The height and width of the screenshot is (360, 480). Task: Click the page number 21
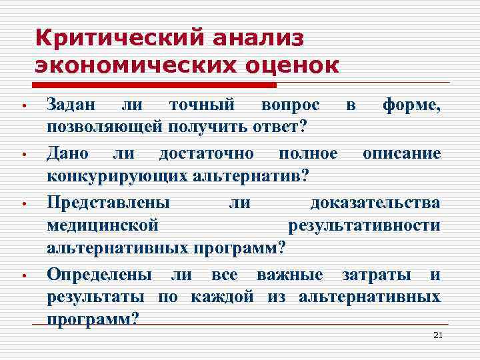pyautogui.click(x=437, y=335)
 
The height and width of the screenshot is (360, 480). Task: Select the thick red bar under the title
pyautogui.click(x=153, y=85)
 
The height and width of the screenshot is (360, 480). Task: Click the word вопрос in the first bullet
pyautogui.click(x=290, y=105)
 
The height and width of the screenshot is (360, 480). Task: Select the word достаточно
pyautogui.click(x=205, y=153)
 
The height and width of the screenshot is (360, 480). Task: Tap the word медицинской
pyautogui.click(x=103, y=225)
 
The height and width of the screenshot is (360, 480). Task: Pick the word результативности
pyautogui.click(x=364, y=225)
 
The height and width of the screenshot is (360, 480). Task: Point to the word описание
pyautogui.click(x=401, y=153)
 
